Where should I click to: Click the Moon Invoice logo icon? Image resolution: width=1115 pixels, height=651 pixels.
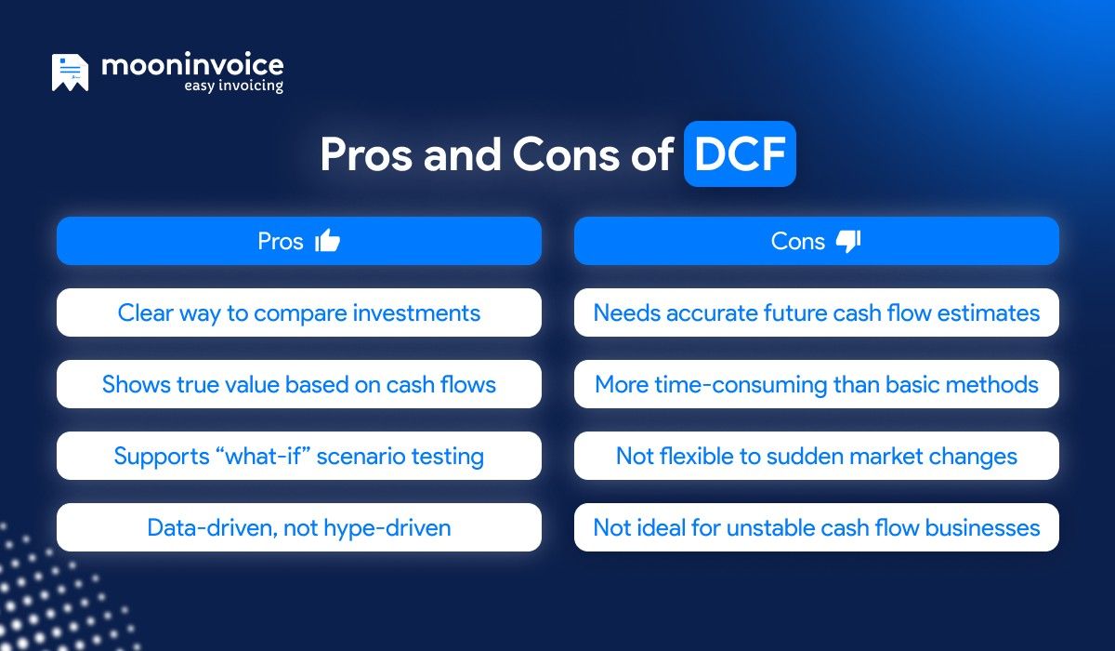tap(71, 73)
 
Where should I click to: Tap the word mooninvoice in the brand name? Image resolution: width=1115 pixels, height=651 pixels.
tap(192, 65)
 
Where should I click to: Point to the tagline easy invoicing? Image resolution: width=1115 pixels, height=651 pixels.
tap(232, 86)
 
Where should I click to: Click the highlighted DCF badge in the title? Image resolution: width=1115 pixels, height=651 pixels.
tap(740, 154)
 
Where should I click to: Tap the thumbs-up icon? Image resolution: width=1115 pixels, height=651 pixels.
tap(328, 242)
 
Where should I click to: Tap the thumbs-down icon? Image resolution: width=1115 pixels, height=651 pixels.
tap(848, 242)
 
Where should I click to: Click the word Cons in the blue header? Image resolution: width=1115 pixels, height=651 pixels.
tap(797, 242)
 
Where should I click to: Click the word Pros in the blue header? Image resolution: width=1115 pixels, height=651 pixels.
tap(281, 242)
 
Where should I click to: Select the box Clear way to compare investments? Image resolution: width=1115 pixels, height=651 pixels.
tap(298, 312)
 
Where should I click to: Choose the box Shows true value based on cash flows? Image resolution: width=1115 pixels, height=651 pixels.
tap(298, 384)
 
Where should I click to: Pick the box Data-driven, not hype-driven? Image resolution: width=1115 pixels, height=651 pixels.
tap(298, 527)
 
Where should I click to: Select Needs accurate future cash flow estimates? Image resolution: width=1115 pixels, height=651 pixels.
tap(816, 312)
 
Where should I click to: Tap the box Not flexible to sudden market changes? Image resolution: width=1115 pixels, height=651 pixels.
tap(816, 456)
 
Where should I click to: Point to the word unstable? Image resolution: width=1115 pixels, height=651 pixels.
tap(760, 527)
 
